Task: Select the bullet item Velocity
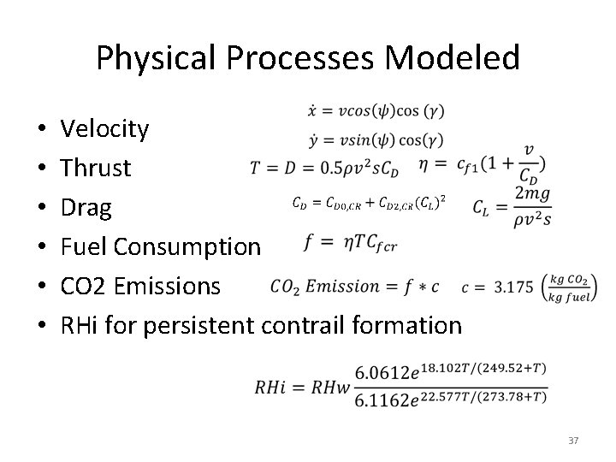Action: point(105,129)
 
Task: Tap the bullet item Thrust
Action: point(96,168)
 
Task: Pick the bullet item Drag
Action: point(86,207)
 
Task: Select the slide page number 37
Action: point(573,441)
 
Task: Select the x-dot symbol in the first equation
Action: point(313,111)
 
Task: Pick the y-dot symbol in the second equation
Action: point(313,139)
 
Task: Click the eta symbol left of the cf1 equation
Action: point(425,164)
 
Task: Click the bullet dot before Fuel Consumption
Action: point(43,247)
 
